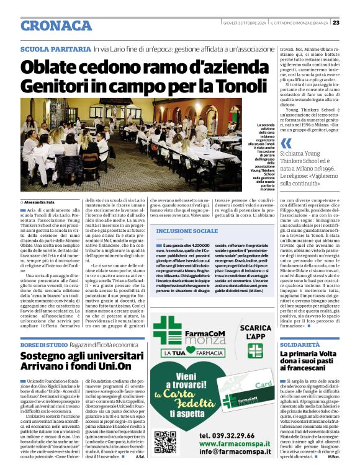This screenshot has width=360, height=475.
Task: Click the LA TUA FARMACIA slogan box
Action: click(x=200, y=352)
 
